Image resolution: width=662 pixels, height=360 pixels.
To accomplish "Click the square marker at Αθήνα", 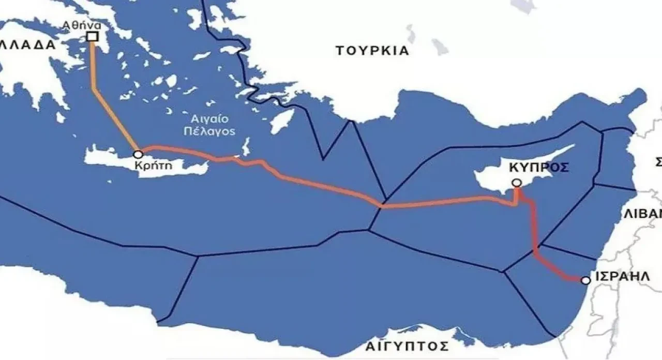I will coord(93,36).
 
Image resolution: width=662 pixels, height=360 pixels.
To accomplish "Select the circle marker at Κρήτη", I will coord(138,154).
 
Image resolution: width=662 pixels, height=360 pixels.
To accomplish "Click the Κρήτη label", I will coord(152,166).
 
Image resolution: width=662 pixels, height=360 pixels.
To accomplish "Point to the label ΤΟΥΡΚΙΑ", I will coord(372,51).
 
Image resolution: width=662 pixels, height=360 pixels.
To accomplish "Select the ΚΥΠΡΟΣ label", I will coord(538,167).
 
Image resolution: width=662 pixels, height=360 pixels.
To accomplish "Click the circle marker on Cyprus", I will coord(516,183).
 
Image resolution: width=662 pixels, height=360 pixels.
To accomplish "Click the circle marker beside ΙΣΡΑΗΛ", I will coord(585,280).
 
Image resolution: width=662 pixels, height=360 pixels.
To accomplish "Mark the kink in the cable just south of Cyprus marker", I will coord(515,203).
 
